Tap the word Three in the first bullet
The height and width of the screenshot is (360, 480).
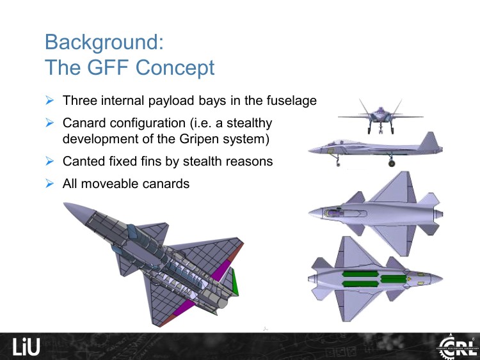pyautogui.click(x=80, y=101)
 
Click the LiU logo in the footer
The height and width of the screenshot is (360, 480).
pyautogui.click(x=26, y=347)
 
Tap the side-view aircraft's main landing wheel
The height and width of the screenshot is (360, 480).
pyautogui.click(x=391, y=163)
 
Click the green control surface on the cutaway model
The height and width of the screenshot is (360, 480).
pyautogui.click(x=236, y=281)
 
